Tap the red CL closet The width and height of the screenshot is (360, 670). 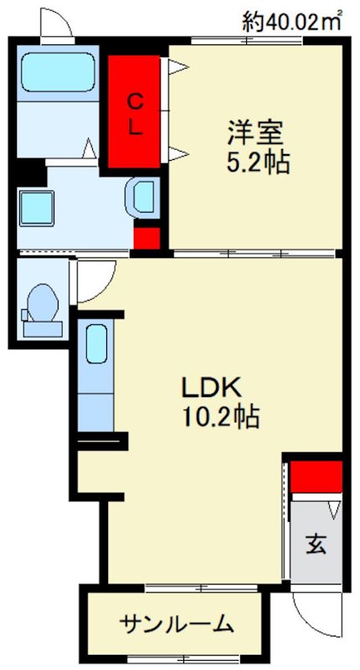click(x=135, y=111)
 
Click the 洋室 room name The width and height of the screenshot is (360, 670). click(x=255, y=133)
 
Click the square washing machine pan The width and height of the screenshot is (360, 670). click(x=36, y=209)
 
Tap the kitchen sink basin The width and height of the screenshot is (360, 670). click(x=95, y=343)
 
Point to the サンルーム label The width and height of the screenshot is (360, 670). click(x=177, y=625)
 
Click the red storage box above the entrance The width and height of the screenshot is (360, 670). click(x=316, y=477)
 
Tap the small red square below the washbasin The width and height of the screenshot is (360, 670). click(x=147, y=238)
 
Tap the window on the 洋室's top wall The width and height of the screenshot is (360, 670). click(x=247, y=40)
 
